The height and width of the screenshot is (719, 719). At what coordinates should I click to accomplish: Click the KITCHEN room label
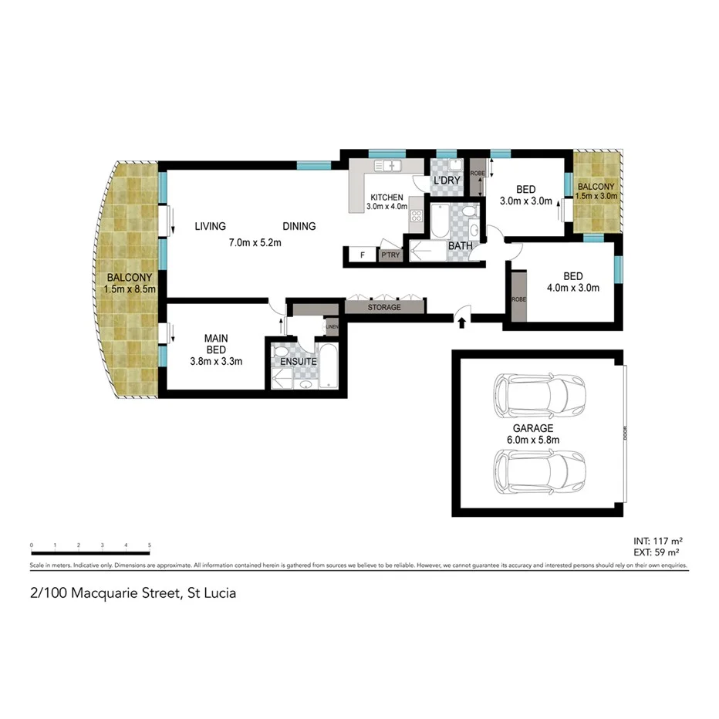(x=386, y=197)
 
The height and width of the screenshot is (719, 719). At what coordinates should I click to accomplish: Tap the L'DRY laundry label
(x=447, y=181)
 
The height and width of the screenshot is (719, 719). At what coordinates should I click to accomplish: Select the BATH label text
(x=461, y=246)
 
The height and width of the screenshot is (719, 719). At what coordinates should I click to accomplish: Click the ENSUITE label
(x=298, y=360)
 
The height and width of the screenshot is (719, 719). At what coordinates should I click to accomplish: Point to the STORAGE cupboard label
(x=384, y=307)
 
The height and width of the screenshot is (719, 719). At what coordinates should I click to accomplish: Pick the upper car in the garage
(x=538, y=394)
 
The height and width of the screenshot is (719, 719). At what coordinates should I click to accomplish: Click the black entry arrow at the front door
(x=461, y=322)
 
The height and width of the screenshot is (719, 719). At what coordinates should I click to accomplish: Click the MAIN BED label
(x=216, y=343)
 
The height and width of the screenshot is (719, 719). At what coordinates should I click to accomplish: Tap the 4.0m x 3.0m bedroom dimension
(x=572, y=289)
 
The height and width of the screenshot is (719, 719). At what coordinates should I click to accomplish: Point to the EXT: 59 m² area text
(x=655, y=552)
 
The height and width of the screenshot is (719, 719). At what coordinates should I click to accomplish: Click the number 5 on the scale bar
(x=150, y=545)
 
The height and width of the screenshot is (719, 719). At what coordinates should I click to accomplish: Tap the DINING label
(x=299, y=226)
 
